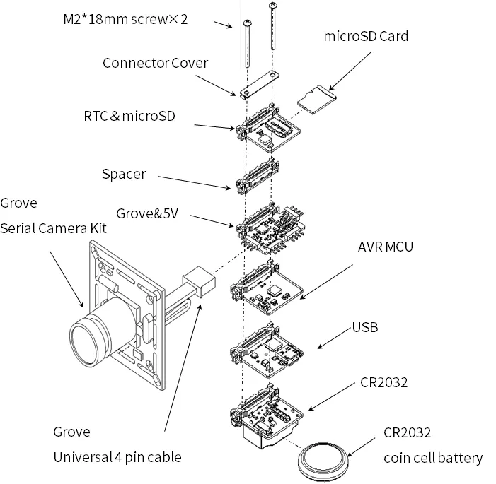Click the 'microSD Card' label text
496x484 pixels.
pos(366,35)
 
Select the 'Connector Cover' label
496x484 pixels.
pos(156,63)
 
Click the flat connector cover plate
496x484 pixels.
pos(260,85)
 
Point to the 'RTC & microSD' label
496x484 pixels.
pos(129,115)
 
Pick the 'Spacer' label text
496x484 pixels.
pos(124,174)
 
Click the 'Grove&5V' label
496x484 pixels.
pos(147,213)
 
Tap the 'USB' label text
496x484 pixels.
pos(365,327)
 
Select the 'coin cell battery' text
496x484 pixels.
pos(433,458)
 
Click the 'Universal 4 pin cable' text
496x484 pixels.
pos(117,457)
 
